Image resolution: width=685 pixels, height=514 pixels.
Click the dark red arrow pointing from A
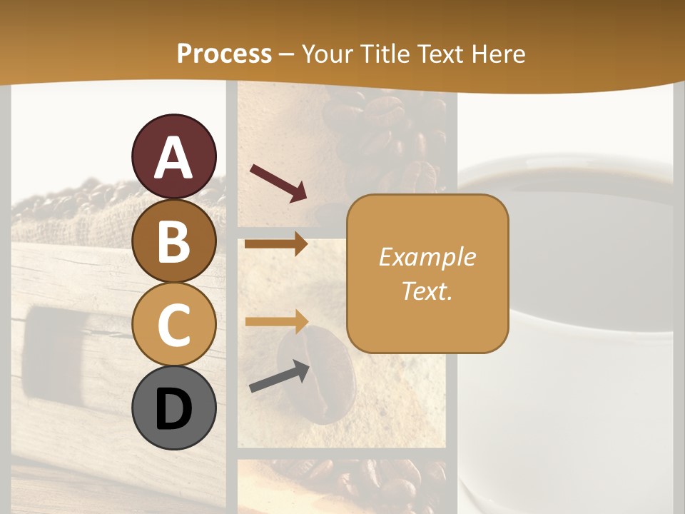[x=278, y=183]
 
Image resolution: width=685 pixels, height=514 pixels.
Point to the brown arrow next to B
[x=276, y=244]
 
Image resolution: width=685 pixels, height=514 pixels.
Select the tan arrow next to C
[x=276, y=321]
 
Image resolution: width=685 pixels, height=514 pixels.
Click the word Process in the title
[x=224, y=54]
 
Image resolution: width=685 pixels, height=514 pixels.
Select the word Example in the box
[x=427, y=257]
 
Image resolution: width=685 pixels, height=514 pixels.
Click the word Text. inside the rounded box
[x=427, y=291]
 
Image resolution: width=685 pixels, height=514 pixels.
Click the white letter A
[x=174, y=157]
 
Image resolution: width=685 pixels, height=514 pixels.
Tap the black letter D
[x=174, y=409]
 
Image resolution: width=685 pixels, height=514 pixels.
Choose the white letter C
[x=174, y=326]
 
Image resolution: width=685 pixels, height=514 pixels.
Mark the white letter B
[x=174, y=242]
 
